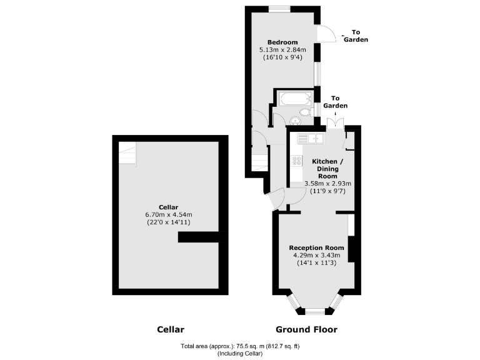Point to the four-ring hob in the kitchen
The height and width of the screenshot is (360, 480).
tap(296, 164)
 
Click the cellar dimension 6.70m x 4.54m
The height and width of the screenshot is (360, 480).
tap(169, 214)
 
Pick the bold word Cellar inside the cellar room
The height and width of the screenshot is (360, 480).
tap(169, 207)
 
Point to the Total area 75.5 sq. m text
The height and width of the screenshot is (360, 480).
tap(240, 346)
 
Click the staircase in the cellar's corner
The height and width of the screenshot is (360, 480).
tap(127, 154)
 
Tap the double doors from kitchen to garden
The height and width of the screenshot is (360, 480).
tap(336, 122)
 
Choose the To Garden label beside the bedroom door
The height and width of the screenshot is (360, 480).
tap(359, 36)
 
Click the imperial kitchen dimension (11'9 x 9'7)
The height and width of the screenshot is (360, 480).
tap(327, 192)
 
